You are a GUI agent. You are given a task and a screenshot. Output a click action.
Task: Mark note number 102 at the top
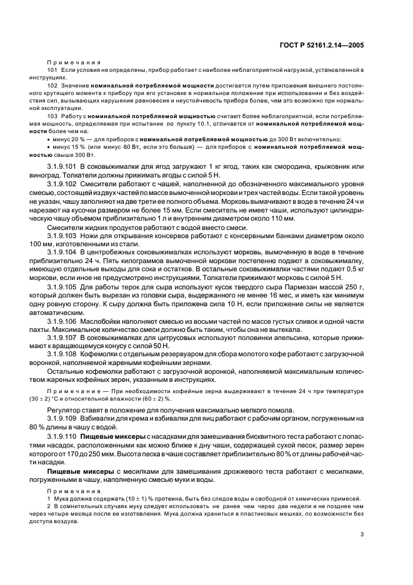click(53, 84)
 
